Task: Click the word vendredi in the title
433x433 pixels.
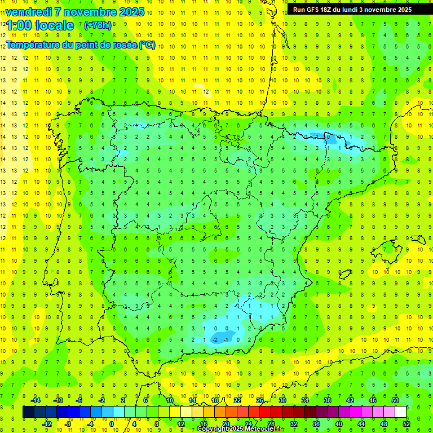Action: click(29, 12)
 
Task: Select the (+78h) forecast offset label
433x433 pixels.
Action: click(97, 25)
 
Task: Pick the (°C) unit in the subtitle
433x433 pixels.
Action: click(147, 45)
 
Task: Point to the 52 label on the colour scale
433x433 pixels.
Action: click(407, 424)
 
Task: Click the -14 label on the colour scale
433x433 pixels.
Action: click(35, 400)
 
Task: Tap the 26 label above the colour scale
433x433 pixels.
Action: click(260, 400)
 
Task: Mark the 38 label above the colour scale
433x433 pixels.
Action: click(328, 400)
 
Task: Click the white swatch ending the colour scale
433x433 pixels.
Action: click(400, 412)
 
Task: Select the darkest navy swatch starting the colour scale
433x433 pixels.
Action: click(28, 412)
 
